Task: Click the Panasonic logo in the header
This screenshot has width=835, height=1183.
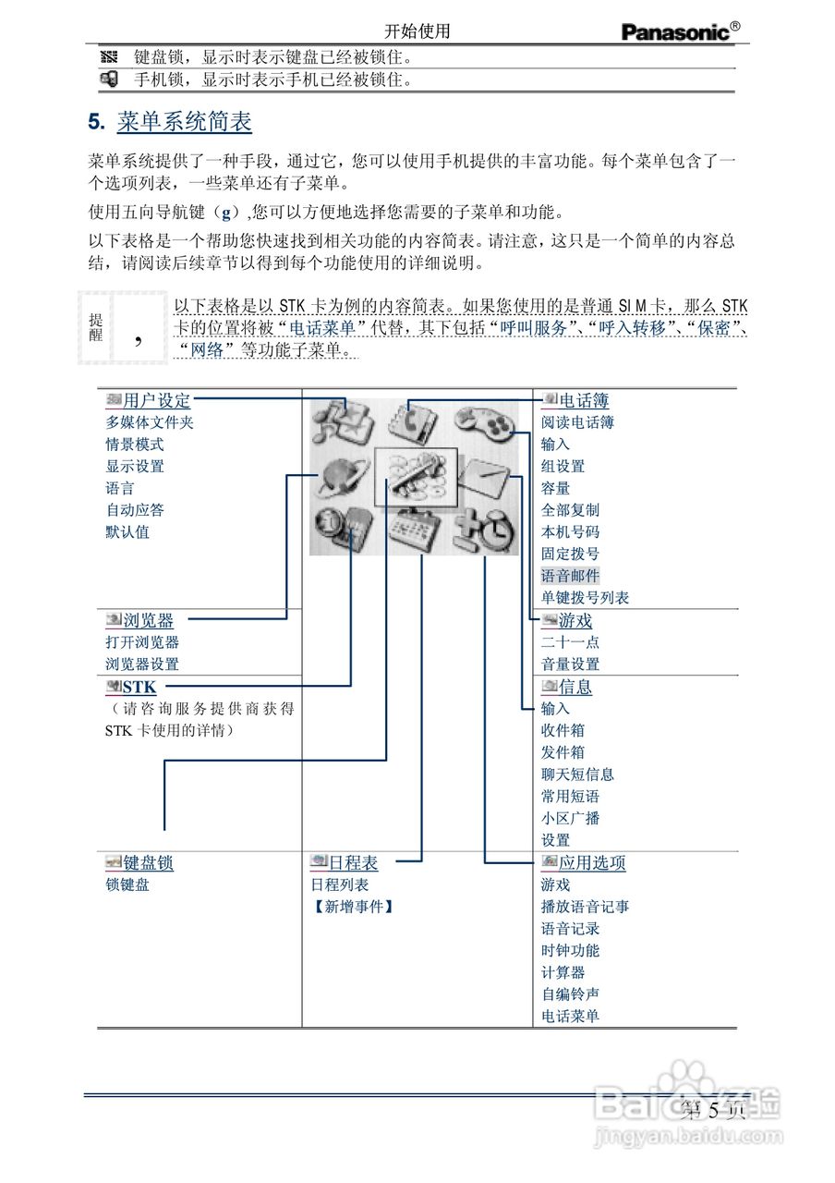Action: tap(680, 31)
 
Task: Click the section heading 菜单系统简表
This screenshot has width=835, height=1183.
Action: tap(184, 122)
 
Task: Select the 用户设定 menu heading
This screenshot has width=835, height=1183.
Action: tap(156, 401)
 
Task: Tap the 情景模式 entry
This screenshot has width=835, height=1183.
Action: tap(135, 445)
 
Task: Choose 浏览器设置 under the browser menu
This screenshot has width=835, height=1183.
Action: tap(142, 665)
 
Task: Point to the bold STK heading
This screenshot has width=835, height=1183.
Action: tap(139, 687)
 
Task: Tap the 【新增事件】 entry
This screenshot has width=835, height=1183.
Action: tap(353, 908)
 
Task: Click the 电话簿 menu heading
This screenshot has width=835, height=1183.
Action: tap(583, 401)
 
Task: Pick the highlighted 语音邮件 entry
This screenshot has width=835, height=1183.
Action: tap(570, 576)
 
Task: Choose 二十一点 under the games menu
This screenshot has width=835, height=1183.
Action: tap(570, 642)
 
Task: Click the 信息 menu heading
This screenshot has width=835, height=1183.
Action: tap(575, 687)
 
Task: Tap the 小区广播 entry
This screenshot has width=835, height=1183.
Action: tap(570, 819)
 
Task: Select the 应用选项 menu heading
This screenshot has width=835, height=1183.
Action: tap(591, 863)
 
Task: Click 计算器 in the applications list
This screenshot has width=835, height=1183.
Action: tap(563, 973)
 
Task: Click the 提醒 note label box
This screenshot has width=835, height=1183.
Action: tap(96, 327)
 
